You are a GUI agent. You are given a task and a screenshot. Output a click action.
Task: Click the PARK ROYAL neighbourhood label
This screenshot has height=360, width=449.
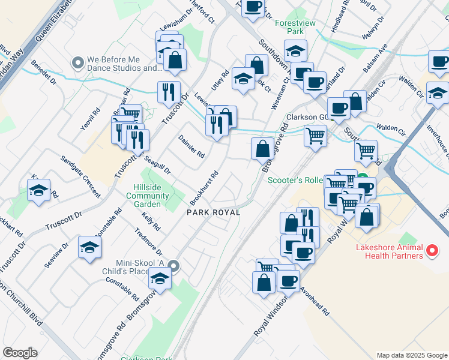tap(213, 212)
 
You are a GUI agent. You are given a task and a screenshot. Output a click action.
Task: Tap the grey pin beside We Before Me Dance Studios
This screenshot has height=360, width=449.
tap(77, 63)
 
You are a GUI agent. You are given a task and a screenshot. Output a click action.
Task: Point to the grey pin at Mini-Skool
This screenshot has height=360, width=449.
tap(174, 266)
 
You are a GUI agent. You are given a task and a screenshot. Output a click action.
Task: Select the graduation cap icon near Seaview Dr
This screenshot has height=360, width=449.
tap(89, 247)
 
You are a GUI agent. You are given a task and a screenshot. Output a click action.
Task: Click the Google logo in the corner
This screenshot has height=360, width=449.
tap(20, 353)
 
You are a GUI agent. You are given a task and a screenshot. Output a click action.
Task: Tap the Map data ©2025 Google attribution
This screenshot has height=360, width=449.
tap(411, 355)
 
